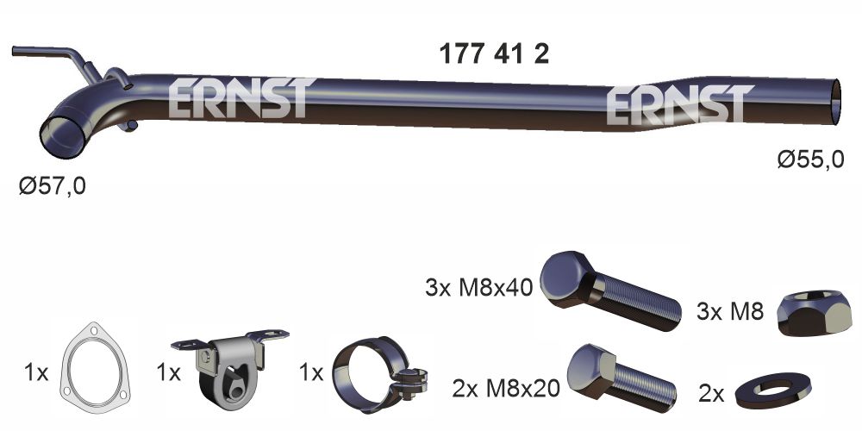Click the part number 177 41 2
coord(494,54)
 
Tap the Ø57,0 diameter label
coord(53,184)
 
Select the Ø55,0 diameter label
coord(809,159)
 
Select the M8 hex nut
coord(815,312)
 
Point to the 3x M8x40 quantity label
coord(479,286)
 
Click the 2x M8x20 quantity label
coord(505,390)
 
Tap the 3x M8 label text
coord(730,312)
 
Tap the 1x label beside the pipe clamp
coord(309,373)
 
